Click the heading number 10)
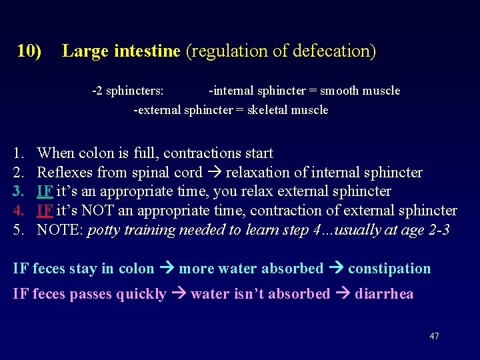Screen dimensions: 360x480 click(x=29, y=51)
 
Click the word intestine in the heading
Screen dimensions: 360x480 click(x=147, y=51)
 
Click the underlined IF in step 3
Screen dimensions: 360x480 click(x=45, y=192)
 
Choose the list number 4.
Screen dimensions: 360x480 click(x=19, y=211)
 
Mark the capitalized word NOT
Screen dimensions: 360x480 click(x=93, y=211)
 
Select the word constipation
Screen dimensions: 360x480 click(x=389, y=269)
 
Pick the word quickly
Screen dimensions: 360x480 click(x=141, y=294)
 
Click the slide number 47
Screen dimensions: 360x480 click(x=434, y=337)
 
